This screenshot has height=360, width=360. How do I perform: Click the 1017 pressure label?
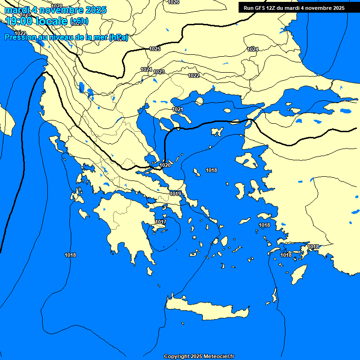(161, 222)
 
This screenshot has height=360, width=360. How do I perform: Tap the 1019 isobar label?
(176, 194)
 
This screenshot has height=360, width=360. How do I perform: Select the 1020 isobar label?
(165, 165)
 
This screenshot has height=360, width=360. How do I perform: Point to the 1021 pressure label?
(178, 109)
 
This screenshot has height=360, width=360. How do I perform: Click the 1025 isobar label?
(155, 49)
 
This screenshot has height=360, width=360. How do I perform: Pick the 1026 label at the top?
(173, 2)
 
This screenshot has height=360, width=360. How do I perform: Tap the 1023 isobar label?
(159, 72)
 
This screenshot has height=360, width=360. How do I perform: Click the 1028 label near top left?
(57, 6)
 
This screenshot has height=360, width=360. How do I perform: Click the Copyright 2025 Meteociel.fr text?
(199, 356)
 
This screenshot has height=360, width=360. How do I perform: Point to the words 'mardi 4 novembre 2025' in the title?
(55, 10)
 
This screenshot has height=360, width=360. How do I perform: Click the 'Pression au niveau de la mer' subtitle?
(66, 37)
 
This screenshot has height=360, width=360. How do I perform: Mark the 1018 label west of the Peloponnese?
(70, 255)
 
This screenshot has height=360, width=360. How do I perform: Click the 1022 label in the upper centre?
(194, 75)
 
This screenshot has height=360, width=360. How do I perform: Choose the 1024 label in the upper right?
(253, 49)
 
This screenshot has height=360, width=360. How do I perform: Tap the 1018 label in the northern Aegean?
(211, 170)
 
